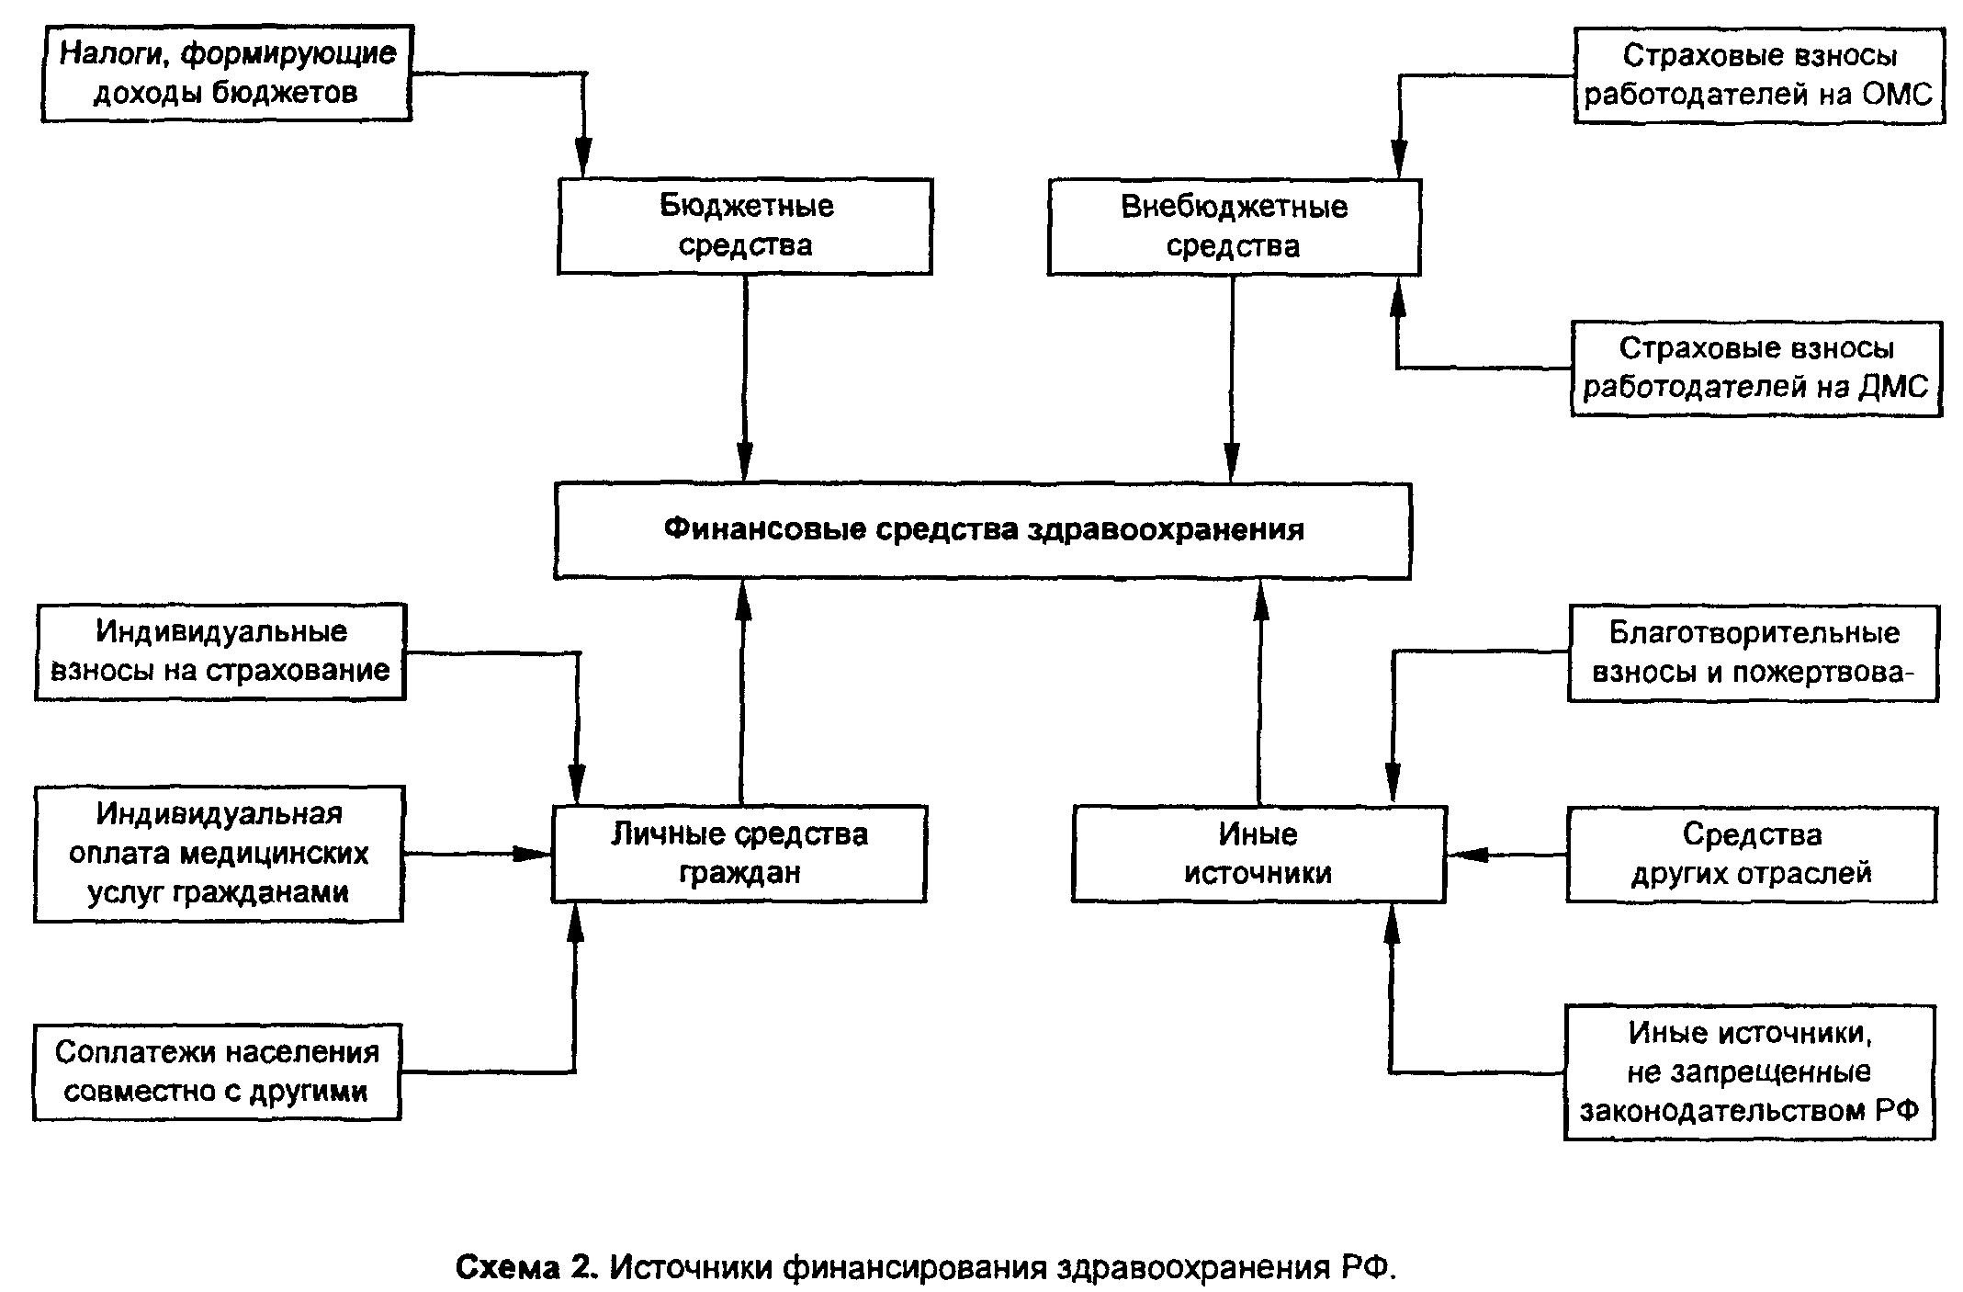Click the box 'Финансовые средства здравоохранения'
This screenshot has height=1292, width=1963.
point(982,531)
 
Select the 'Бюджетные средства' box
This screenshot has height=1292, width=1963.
point(745,226)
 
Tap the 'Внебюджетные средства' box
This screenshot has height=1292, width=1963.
point(1234,227)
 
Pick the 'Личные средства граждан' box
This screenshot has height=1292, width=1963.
point(739,854)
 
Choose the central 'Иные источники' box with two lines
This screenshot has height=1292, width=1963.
point(1258,854)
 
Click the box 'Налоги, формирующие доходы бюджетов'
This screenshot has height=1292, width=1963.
point(226,74)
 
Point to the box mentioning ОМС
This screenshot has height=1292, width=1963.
point(1759,75)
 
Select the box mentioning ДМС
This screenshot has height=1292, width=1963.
point(1755,368)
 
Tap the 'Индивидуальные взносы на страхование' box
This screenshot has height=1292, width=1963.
point(220,652)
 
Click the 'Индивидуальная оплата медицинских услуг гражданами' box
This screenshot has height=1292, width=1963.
point(219,854)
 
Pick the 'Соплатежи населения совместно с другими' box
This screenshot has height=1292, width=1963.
point(217,1071)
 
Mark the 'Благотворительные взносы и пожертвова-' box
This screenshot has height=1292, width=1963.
point(1753,653)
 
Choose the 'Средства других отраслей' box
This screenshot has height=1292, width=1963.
point(1751,855)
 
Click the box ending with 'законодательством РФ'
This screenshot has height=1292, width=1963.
point(1749,1072)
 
